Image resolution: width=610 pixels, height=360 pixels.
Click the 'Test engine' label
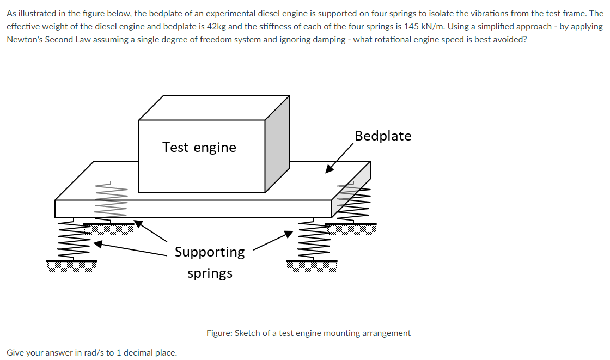pos(199,147)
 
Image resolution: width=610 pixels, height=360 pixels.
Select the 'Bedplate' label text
pos(383,136)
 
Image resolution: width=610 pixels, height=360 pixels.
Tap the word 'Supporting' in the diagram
pos(210,252)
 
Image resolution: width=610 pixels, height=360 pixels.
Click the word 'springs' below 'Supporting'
pos(210,273)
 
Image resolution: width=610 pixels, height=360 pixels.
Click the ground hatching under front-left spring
pos(72,265)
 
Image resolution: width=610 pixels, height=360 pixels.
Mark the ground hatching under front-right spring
pos(312,266)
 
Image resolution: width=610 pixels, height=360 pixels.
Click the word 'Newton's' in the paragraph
pos(26,40)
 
